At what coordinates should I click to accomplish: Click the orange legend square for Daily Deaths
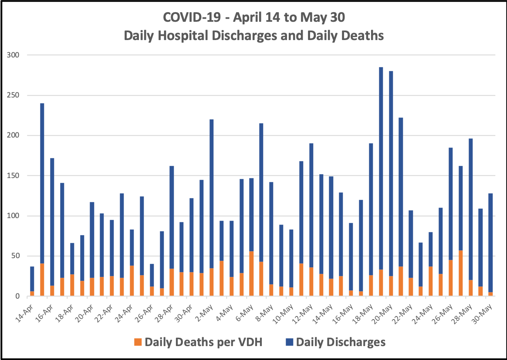click(x=138, y=342)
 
